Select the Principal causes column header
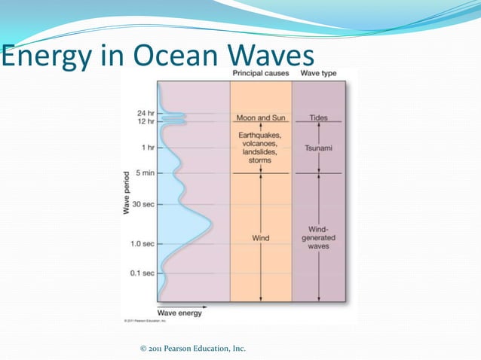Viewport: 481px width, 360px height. (x=260, y=73)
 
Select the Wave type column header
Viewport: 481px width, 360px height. (x=318, y=73)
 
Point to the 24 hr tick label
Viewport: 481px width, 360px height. (x=146, y=112)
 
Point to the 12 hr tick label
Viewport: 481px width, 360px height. (x=146, y=121)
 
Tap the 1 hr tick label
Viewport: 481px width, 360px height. (x=147, y=148)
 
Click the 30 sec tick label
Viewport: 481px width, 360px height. (x=143, y=203)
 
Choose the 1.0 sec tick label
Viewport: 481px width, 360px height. (x=142, y=244)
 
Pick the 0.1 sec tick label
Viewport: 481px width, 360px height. (x=142, y=273)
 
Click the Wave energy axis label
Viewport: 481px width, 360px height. (x=179, y=313)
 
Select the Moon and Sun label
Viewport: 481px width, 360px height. (x=260, y=118)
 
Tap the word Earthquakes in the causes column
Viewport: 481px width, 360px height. (x=260, y=133)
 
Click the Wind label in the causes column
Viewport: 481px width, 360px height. (x=260, y=238)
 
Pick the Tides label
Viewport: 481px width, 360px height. (x=318, y=118)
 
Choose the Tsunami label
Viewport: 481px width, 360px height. (x=318, y=148)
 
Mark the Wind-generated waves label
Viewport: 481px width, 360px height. (x=318, y=237)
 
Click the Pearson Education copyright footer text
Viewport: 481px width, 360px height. (x=193, y=348)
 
